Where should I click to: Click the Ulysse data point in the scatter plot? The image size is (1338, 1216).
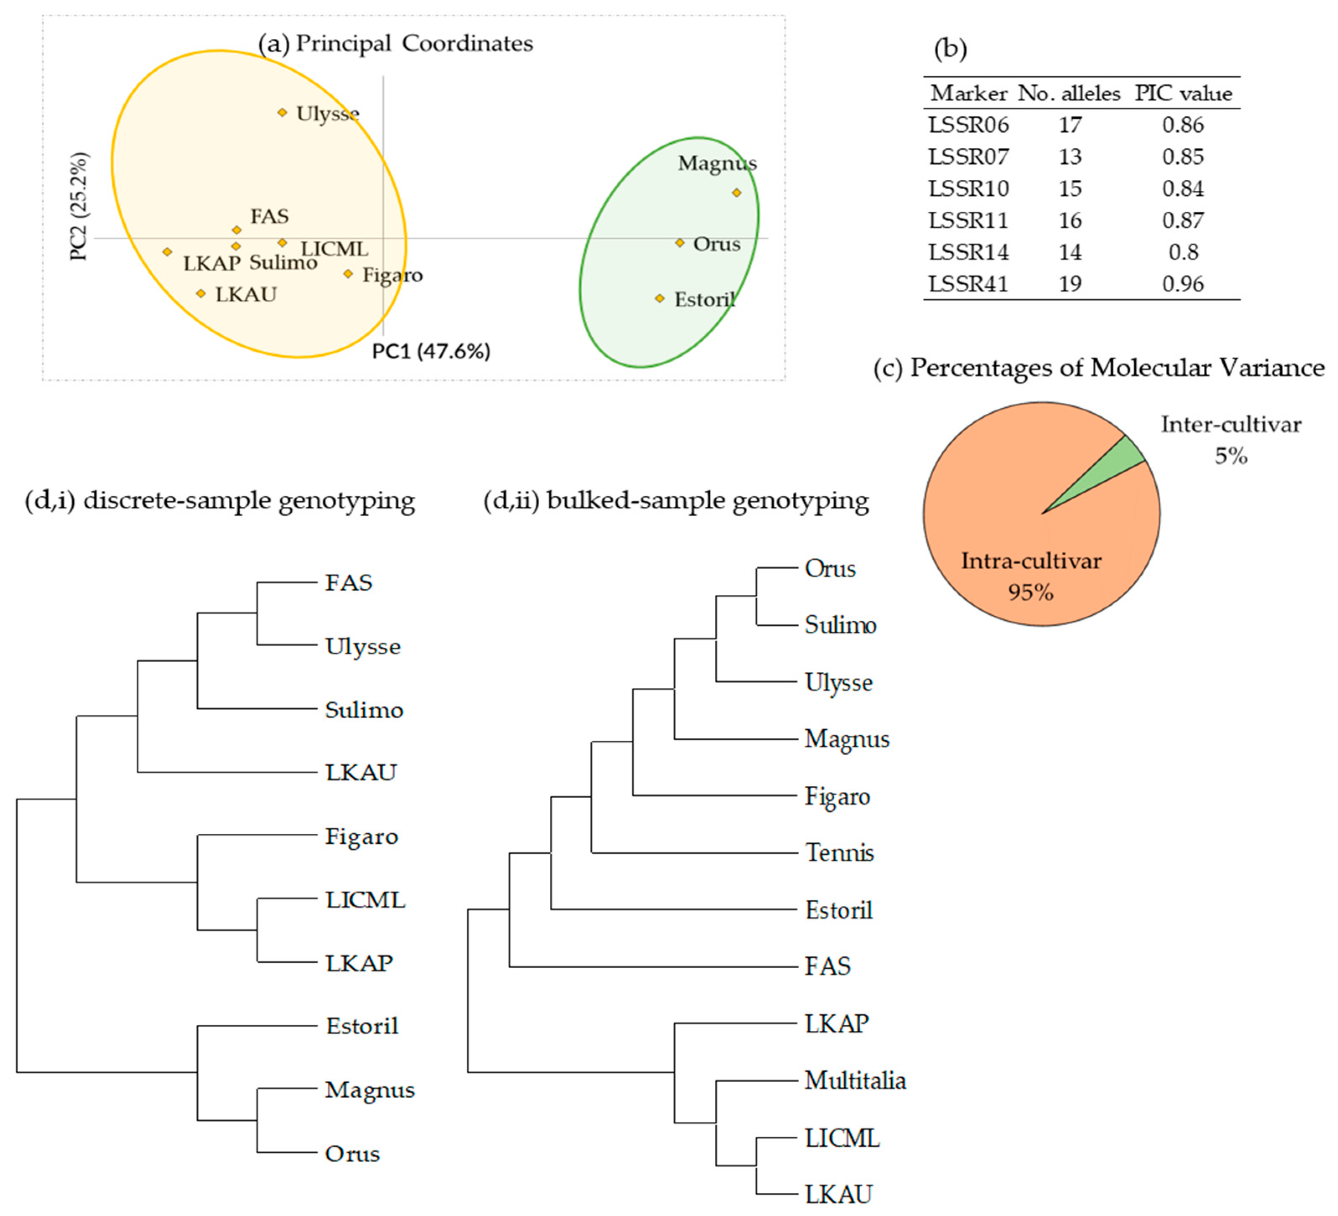(282, 113)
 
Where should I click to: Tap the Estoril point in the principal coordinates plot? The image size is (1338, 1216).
(660, 299)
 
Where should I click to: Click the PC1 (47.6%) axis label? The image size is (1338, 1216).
(431, 351)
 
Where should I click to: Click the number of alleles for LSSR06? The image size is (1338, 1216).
(1070, 125)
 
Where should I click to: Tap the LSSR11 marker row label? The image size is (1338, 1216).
(968, 220)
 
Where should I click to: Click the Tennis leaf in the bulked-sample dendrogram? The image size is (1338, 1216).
(840, 853)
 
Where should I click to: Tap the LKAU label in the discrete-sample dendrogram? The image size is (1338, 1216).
(360, 773)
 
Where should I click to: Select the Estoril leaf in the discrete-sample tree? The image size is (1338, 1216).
(362, 1026)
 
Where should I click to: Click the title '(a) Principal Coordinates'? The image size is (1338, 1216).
(396, 44)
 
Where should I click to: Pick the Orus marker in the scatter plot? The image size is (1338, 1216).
(680, 243)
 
